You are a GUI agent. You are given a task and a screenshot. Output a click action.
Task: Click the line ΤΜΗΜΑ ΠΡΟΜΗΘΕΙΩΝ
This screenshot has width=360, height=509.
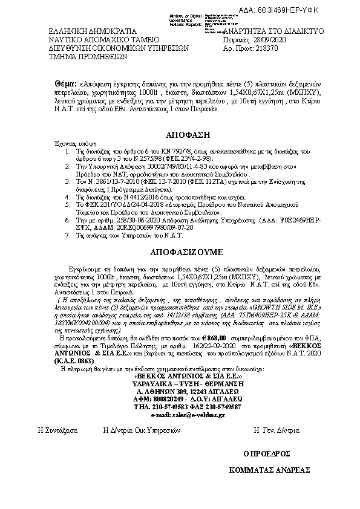[87, 60]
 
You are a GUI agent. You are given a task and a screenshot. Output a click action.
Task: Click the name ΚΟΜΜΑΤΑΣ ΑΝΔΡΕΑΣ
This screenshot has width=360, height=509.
[269, 470]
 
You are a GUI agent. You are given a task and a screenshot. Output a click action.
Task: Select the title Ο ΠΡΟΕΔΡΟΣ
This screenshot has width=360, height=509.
[266, 452]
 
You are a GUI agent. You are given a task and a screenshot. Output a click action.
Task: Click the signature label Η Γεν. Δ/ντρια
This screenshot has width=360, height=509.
[277, 431]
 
